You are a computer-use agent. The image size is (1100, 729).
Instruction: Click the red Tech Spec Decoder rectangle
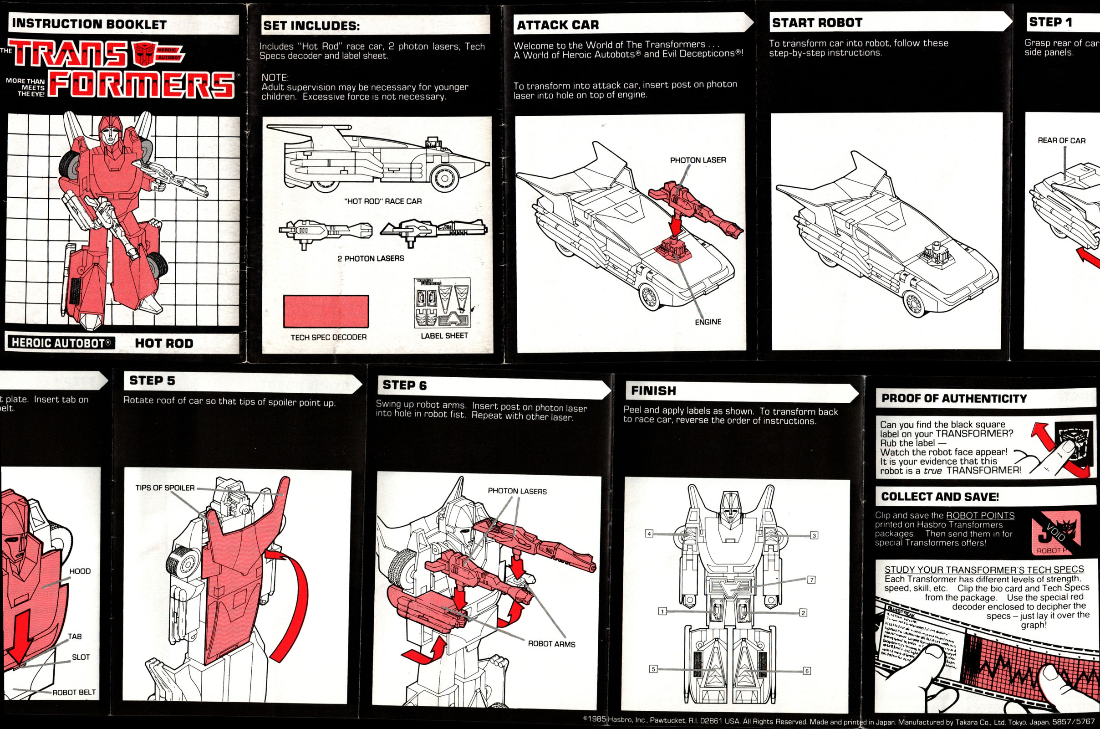coord(326,312)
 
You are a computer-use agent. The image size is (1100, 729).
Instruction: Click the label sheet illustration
coord(442,303)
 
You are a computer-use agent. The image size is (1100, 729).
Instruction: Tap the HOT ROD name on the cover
coord(164,343)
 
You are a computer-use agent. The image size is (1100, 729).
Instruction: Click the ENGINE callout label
coord(708,322)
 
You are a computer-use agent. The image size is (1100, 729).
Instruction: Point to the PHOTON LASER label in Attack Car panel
coord(698,160)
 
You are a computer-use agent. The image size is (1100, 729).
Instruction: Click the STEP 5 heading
coord(152,380)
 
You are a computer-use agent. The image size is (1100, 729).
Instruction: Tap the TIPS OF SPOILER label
coord(165,488)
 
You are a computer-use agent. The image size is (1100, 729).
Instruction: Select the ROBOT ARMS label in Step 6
coord(551,644)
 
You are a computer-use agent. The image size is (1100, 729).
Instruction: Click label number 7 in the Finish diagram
coord(811,579)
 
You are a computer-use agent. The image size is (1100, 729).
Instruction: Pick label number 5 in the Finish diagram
coord(653,669)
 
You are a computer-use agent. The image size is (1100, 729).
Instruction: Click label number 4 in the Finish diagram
coord(649,533)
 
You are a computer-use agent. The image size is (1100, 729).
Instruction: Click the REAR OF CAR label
coord(1061,140)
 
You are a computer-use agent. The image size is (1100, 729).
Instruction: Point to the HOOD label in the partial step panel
coord(80,571)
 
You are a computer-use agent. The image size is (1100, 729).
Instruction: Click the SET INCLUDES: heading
coord(311,26)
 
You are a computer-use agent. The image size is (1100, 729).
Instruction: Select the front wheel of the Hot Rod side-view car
coord(444,178)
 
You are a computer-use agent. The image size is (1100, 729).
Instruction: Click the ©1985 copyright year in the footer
coord(595,719)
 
